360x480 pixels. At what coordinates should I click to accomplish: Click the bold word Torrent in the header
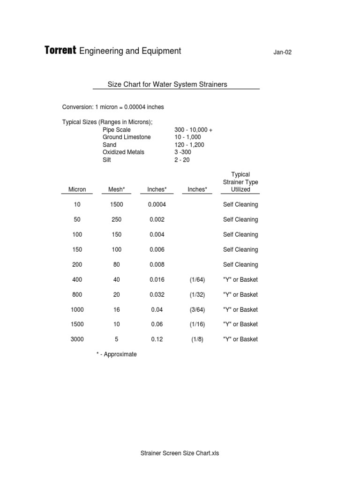60,51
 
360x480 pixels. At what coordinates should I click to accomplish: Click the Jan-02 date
282,52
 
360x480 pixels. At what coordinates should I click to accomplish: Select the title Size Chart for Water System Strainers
167,84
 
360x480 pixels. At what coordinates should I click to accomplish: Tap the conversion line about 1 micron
113,107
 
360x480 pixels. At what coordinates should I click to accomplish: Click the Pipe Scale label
117,130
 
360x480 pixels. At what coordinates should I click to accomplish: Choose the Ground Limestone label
127,137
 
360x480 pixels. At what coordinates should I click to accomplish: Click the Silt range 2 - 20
182,160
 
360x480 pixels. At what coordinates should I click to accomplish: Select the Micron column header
77,189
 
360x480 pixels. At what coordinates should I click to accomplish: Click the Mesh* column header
117,189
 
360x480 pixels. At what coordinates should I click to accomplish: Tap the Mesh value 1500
117,204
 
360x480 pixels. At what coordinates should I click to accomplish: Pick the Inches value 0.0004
157,204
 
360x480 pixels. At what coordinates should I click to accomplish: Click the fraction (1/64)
197,279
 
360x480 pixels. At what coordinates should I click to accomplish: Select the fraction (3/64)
197,309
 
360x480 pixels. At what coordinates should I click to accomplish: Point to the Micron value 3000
77,339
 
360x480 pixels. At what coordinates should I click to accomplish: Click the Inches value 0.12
157,339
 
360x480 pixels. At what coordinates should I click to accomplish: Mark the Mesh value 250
117,219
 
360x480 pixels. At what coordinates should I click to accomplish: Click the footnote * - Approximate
117,354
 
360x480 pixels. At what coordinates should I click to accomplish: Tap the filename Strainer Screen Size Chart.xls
180,453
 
